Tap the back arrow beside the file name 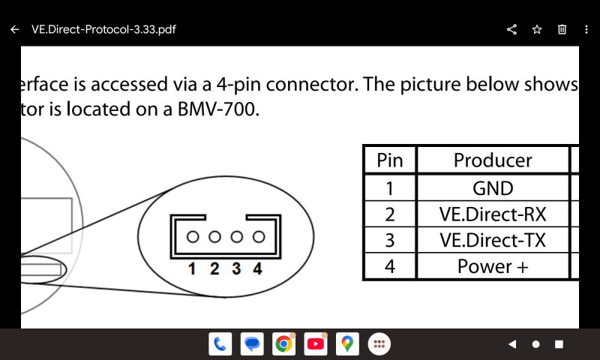tap(15, 30)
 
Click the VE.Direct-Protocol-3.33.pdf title tap(103, 30)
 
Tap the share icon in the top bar tap(512, 30)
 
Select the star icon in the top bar tap(537, 30)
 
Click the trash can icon tap(562, 30)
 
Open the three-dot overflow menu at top tap(586, 30)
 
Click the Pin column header tap(389, 160)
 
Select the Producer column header tap(493, 160)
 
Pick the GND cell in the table tap(493, 187)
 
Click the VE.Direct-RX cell tap(493, 214)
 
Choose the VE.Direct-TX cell tap(493, 241)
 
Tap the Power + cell tap(493, 267)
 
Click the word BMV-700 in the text tap(218, 109)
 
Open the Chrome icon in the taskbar tap(283, 344)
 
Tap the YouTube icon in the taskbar tap(316, 344)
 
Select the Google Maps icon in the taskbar tap(346, 344)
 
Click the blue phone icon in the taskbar tap(220, 344)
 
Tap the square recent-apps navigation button tap(559, 344)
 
